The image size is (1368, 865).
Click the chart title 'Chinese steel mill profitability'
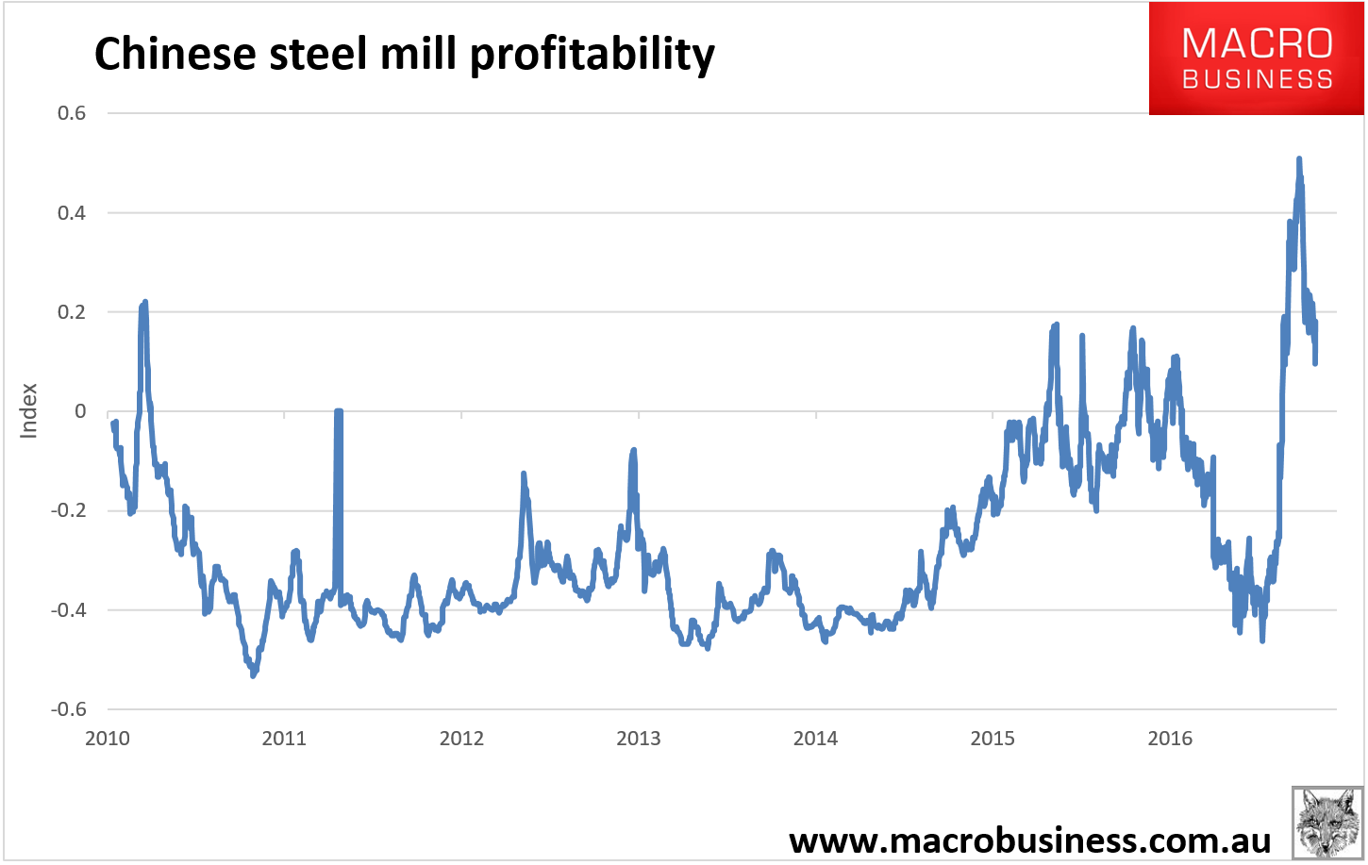404,54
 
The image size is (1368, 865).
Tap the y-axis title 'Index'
29,410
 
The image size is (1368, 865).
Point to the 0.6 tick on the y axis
72,113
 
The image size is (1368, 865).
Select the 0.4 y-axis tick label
72,213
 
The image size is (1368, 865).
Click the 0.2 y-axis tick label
72,312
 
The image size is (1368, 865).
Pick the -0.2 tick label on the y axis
69,510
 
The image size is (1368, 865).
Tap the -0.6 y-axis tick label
69,709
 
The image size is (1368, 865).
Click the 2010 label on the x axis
108,739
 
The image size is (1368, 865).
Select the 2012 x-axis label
461,739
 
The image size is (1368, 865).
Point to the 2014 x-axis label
815,739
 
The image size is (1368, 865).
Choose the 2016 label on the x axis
1170,739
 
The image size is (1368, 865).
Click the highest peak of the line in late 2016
1299,159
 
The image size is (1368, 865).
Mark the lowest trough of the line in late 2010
253,675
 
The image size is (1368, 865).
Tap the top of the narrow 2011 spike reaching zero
338,411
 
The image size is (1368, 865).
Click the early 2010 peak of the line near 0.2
145,302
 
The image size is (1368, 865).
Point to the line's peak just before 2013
633,450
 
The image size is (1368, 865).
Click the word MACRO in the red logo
1257,43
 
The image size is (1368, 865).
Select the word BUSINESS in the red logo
1257,79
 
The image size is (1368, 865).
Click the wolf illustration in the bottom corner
1327,821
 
